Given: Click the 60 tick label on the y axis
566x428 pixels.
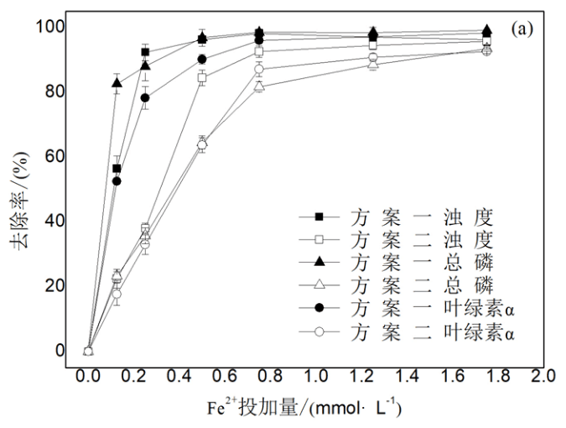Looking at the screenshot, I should (52, 156).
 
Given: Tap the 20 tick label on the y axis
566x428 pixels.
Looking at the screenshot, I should (52, 285).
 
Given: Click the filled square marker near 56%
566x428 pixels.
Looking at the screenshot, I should (117, 169).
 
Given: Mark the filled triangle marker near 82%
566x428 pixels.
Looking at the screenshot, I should (117, 83).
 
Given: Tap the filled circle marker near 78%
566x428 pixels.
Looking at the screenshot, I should (145, 97).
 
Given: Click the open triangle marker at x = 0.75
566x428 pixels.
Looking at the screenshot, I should (259, 86).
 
